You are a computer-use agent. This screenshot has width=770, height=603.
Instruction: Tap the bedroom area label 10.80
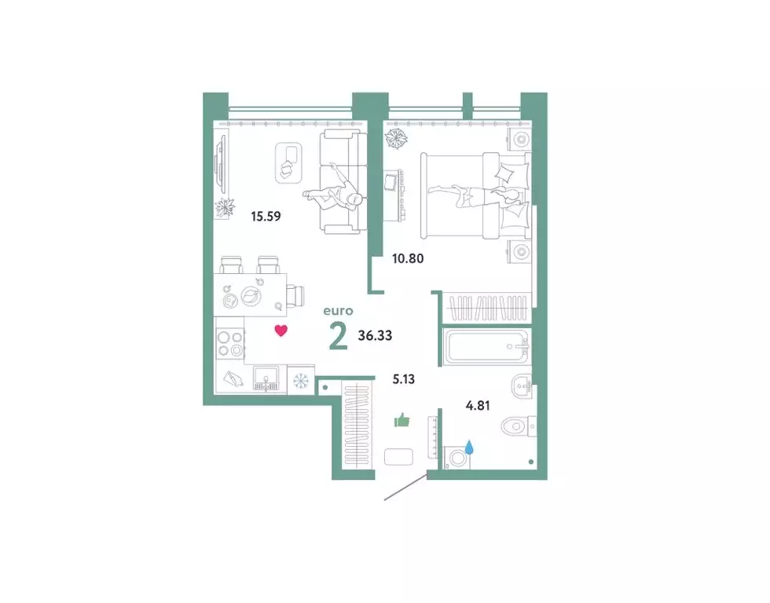pos(409,256)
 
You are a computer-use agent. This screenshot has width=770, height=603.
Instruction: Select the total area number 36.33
pos(375,335)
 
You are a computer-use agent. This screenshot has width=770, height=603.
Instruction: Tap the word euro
pos(339,311)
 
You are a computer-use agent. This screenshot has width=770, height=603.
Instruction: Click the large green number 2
pos(338,336)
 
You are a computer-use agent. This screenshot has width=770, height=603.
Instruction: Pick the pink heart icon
pos(280,331)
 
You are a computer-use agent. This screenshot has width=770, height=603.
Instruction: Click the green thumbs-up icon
pos(402,420)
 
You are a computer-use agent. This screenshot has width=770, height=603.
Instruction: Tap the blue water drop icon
pos(469,448)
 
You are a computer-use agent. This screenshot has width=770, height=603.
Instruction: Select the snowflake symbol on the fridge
pos(300,382)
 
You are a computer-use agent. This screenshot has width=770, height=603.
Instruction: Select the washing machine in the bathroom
pos(455,458)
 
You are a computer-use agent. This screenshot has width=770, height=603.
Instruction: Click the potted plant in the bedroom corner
pos(396,139)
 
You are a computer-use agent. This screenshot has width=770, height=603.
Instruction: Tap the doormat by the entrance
pos(395,456)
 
